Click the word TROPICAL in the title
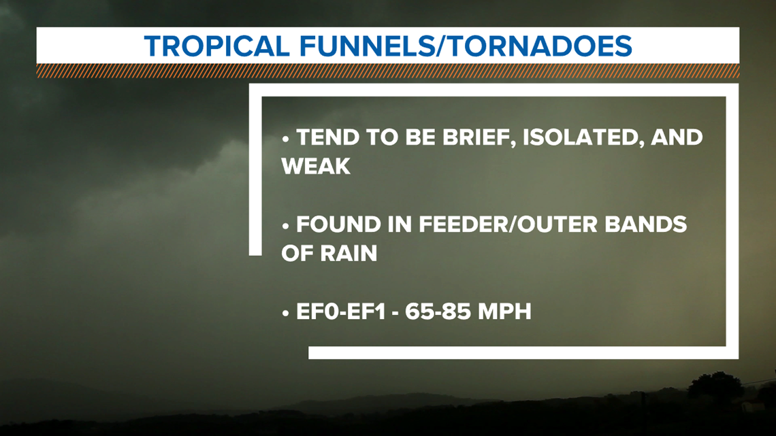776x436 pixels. pos(216,46)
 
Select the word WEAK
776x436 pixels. pos(316,166)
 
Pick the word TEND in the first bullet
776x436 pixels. pos(327,137)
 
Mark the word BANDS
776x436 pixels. pos(646,224)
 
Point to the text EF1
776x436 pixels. pos(366,312)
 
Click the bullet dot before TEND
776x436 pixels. pos(285,139)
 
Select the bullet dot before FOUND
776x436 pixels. pos(285,227)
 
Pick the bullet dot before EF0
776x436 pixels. pos(285,314)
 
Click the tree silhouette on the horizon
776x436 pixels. pos(715,386)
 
